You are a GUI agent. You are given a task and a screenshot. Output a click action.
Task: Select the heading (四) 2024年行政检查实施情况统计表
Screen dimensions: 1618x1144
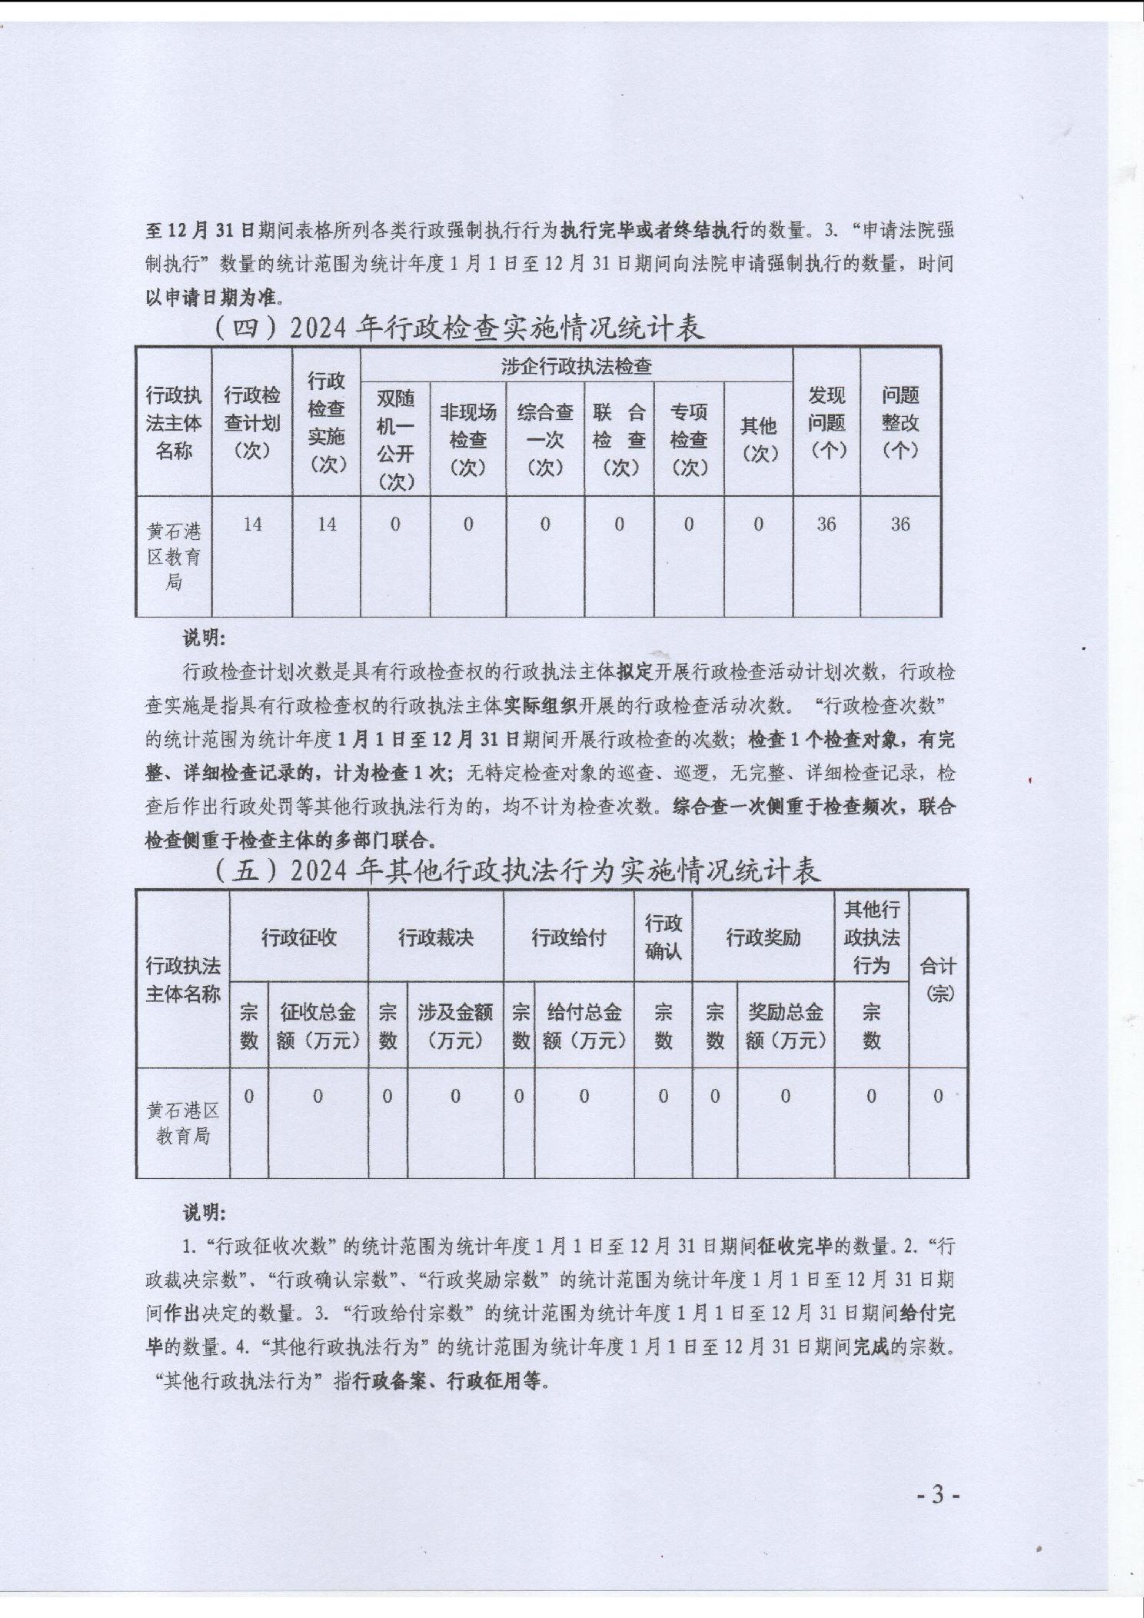click(458, 328)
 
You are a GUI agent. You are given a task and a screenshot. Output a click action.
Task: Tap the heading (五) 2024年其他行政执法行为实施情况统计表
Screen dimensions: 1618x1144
click(517, 870)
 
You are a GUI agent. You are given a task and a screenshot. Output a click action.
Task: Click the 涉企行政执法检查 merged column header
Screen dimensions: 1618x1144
click(576, 366)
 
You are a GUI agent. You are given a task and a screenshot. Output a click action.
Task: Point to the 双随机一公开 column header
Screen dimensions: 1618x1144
click(395, 439)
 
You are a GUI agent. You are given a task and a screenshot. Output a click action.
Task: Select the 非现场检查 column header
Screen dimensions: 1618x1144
click(467, 439)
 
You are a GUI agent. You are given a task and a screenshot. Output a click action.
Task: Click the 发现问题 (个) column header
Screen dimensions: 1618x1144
click(826, 422)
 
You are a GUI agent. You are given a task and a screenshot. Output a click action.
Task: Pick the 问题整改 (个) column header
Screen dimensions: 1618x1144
click(900, 422)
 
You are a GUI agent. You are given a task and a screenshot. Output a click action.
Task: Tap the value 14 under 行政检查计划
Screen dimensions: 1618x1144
click(252, 524)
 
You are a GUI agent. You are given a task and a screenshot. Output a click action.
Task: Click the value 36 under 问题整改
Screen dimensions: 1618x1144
click(900, 524)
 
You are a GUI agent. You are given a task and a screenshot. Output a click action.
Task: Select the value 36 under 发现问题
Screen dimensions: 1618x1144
click(826, 524)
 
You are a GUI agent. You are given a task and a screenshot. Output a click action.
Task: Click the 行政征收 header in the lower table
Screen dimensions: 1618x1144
click(298, 937)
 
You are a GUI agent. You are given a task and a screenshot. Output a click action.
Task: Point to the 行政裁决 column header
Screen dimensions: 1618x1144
click(435, 937)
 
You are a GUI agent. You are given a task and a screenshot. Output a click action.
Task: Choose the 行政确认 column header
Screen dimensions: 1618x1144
click(663, 937)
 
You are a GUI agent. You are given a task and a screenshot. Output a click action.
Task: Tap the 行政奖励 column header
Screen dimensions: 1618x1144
click(763, 937)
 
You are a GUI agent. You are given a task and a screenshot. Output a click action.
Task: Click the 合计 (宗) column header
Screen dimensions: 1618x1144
click(938, 979)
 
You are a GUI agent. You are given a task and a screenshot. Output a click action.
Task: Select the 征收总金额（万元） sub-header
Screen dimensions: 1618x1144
click(318, 1026)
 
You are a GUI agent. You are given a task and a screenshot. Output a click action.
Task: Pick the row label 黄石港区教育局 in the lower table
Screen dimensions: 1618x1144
click(183, 1123)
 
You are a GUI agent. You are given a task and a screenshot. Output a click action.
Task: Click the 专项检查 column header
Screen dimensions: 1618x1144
click(688, 439)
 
